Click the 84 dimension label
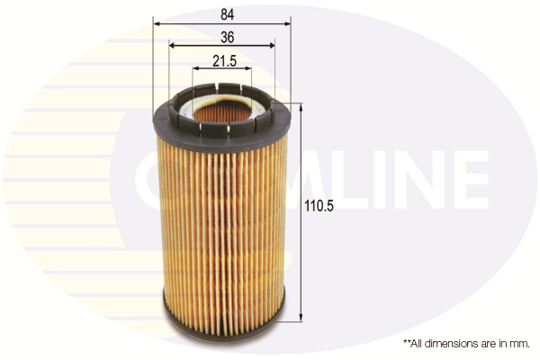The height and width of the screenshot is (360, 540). pos(228,14)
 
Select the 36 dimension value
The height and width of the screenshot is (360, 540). pos(228,37)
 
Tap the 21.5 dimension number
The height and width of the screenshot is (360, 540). pos(224,61)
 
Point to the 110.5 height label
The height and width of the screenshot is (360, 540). pos(319,206)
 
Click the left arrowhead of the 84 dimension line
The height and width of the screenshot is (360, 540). pos(157,23)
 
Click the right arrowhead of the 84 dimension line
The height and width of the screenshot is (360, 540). pos(287,23)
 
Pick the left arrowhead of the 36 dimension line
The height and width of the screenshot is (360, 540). pos(173,46)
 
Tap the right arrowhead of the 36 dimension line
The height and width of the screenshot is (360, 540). pos(271,46)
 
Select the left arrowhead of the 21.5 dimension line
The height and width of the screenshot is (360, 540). pos(196,68)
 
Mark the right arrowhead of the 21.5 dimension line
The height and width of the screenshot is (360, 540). pos(247,68)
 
